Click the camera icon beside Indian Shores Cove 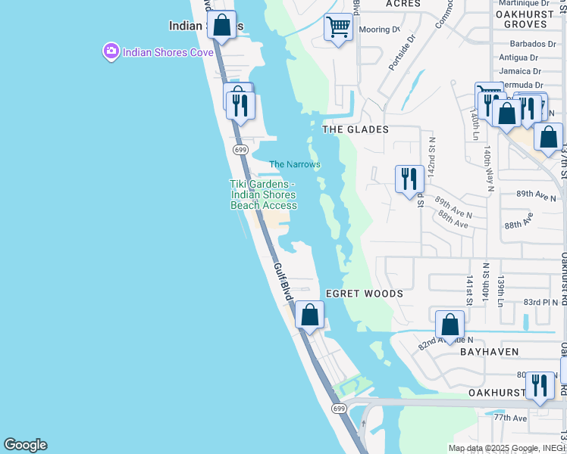click(x=111, y=51)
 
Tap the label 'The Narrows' click(x=295, y=164)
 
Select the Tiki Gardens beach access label click(x=264, y=194)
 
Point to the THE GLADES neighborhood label click(x=356, y=129)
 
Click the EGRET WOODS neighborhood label click(x=365, y=293)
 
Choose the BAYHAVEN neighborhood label click(x=489, y=352)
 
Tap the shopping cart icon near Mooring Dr click(x=338, y=28)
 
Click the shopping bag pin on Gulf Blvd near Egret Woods click(x=309, y=314)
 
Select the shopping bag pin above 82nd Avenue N click(x=450, y=324)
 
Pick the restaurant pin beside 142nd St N click(x=409, y=179)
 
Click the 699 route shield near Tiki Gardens click(x=241, y=150)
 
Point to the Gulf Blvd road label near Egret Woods click(x=283, y=281)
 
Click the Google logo click(x=25, y=445)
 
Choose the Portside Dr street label click(x=403, y=52)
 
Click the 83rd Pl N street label click(x=540, y=302)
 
